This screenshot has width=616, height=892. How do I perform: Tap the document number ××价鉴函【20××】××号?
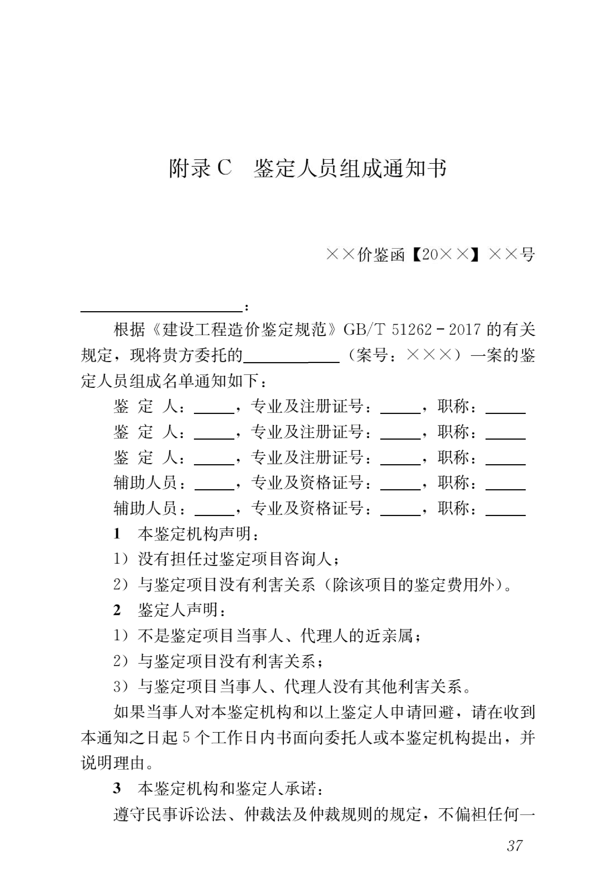(x=430, y=255)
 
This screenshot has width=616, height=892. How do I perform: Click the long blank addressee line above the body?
(x=161, y=309)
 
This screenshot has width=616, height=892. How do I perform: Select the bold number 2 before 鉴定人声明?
(x=117, y=610)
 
